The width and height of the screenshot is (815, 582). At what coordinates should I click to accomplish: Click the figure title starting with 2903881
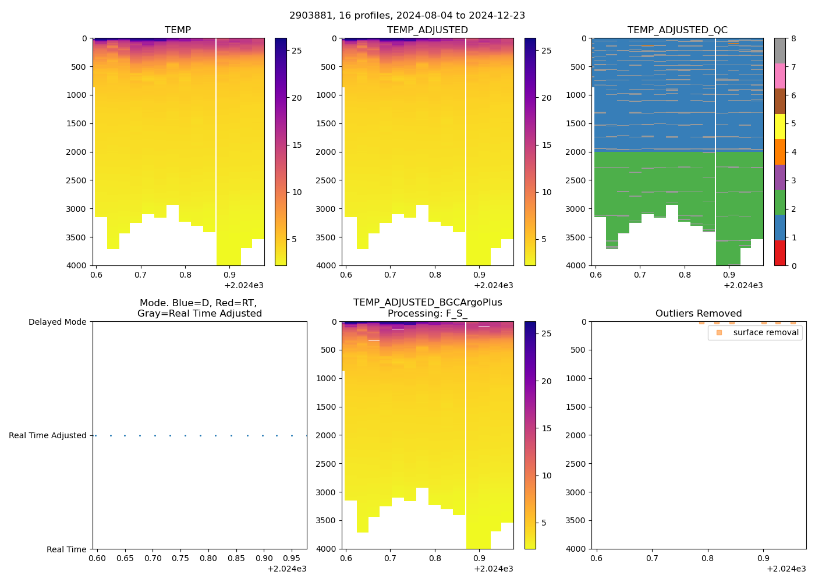[x=407, y=16]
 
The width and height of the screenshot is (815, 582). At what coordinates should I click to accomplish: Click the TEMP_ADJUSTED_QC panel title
[x=677, y=30]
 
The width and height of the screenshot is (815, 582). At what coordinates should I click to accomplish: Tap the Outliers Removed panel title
[x=699, y=314]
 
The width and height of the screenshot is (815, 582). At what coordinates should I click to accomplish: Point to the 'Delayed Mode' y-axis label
[x=57, y=322]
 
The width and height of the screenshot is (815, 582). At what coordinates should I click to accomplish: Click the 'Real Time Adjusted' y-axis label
[x=48, y=435]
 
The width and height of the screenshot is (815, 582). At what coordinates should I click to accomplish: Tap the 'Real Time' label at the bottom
[x=66, y=549]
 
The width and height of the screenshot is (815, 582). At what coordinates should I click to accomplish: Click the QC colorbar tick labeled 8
[x=793, y=38]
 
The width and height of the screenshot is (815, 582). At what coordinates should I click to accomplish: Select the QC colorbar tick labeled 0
[x=793, y=265]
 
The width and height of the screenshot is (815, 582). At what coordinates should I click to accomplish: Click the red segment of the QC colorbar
[x=779, y=253]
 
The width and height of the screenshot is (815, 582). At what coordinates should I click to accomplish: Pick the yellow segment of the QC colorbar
[x=779, y=127]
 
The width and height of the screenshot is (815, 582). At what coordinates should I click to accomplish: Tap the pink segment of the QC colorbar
[x=779, y=76]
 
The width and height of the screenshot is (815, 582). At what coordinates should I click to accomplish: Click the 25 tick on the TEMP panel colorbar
[x=296, y=51]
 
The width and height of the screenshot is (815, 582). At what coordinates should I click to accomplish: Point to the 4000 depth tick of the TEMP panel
[x=77, y=265]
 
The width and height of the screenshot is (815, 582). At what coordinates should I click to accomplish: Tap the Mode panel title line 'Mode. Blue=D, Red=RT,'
[x=198, y=303]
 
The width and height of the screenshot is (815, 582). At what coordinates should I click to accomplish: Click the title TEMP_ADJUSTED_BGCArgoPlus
[x=427, y=303]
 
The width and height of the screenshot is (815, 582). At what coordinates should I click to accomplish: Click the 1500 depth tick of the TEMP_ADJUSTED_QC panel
[x=576, y=123]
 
